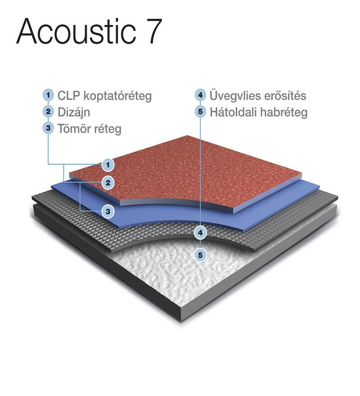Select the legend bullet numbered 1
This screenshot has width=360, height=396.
coord(48,95)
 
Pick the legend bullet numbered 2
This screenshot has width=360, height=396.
coord(48,112)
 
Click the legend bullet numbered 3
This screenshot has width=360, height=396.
coord(48,128)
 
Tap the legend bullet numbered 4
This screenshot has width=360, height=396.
coord(200,95)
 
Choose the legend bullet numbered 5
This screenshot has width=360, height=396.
coord(200,112)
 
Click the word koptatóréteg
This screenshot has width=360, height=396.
coord(117,96)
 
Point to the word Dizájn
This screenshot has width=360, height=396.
coord(74,112)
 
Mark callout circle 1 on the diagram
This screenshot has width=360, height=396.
coord(108,165)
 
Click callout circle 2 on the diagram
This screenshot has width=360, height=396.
coord(108,183)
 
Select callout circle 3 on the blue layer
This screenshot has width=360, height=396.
coord(108,211)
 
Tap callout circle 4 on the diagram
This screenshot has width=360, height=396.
coord(200,233)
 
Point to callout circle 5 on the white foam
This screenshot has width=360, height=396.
coord(200,255)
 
